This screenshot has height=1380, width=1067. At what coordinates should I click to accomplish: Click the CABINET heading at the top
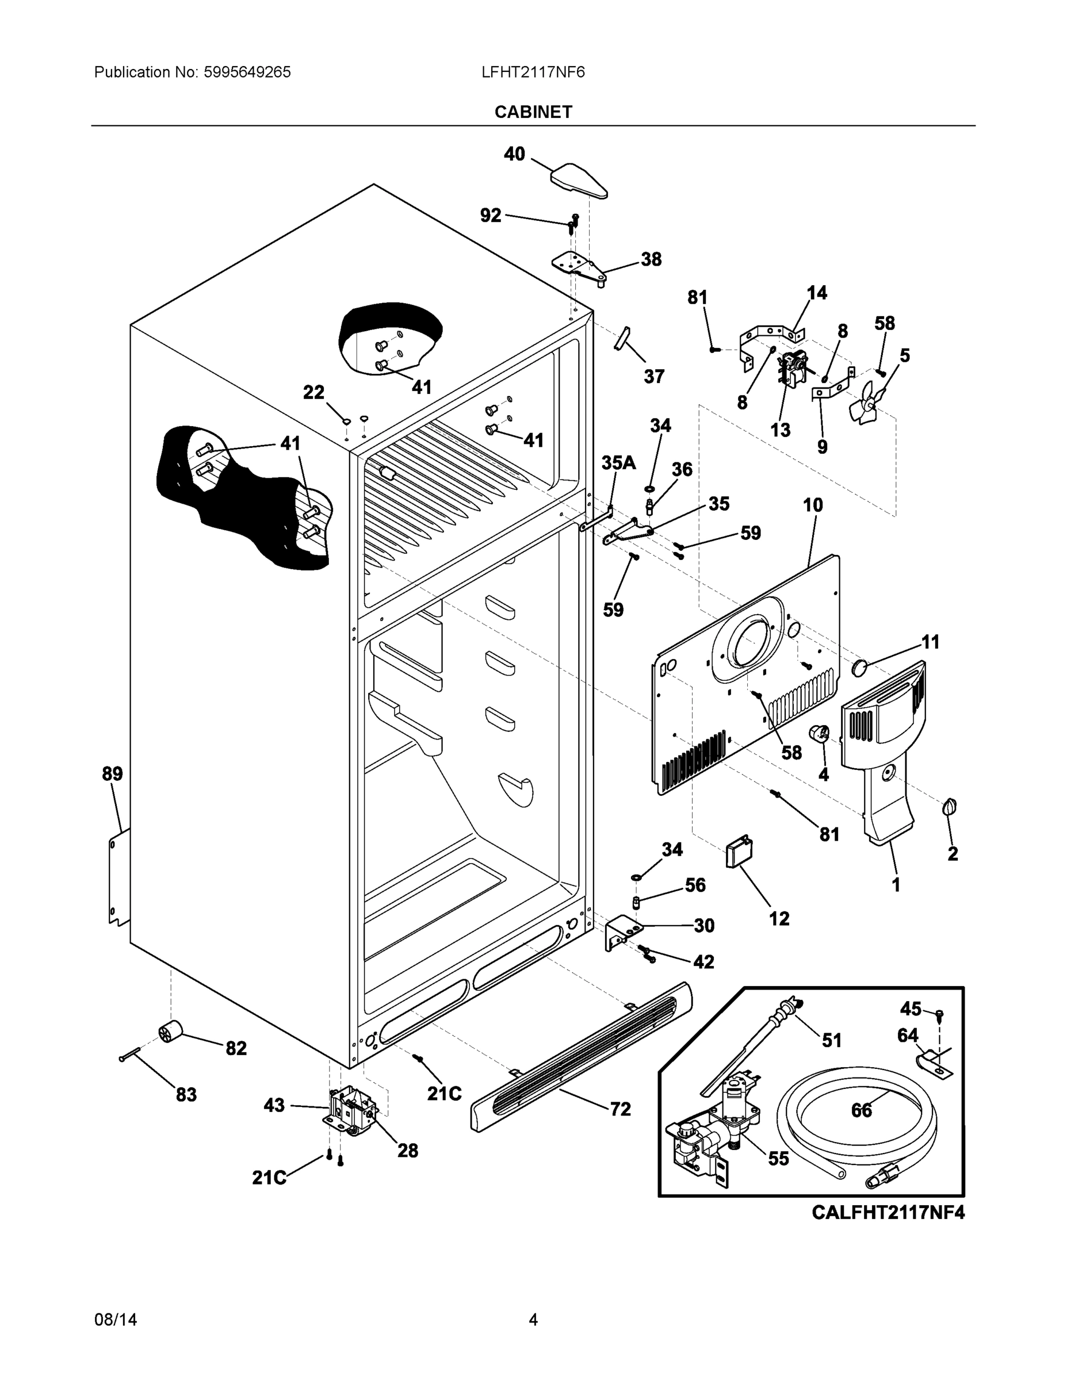533,112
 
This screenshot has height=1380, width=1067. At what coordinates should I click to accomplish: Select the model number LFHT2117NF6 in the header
533,72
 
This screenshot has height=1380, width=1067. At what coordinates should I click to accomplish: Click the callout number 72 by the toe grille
620,1109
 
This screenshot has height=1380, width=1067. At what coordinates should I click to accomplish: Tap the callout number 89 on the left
113,773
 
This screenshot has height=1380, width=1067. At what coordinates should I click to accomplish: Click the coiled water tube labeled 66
860,1131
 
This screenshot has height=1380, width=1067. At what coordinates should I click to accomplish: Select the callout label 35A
618,462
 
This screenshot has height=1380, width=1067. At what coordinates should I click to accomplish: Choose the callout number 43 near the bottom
274,1105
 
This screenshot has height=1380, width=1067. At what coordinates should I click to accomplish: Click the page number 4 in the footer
533,1320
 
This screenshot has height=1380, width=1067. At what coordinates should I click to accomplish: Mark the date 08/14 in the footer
115,1320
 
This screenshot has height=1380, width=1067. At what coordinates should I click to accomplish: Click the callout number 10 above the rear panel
813,505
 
